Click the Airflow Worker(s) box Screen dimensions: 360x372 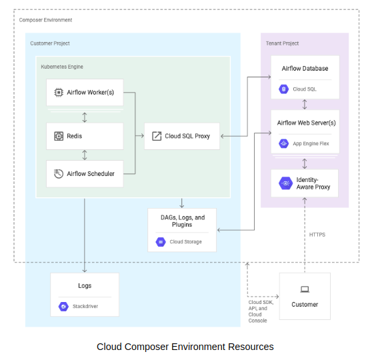(x=85, y=93)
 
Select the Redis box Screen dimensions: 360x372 (x=85, y=136)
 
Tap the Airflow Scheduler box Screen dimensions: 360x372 (x=85, y=174)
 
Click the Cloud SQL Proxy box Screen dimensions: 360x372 (x=181, y=136)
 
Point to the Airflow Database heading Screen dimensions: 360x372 (x=305, y=69)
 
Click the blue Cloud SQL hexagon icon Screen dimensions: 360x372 (x=283, y=89)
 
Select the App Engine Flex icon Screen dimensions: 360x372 (x=283, y=143)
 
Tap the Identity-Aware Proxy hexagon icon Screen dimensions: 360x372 (x=285, y=183)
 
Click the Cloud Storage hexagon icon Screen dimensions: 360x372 (x=160, y=242)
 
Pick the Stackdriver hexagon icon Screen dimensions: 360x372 (x=63, y=307)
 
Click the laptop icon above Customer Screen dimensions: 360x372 (x=305, y=289)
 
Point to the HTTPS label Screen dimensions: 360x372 (x=317, y=235)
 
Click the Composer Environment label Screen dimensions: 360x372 (x=46, y=20)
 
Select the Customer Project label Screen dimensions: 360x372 (x=50, y=43)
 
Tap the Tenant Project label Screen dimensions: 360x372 (x=282, y=43)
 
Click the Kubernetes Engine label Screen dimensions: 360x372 (x=62, y=67)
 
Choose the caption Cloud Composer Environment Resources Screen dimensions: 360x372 (x=185, y=347)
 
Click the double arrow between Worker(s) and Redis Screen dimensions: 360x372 (x=85, y=117)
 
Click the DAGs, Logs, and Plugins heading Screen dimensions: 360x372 (x=182, y=221)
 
